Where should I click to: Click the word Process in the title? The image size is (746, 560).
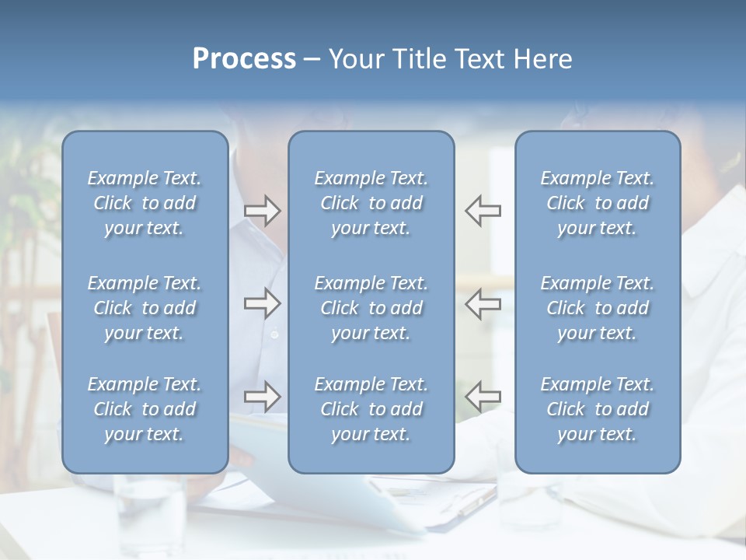[x=244, y=59]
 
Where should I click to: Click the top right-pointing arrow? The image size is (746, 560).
[x=262, y=211]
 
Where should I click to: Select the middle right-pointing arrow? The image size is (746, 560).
[x=262, y=303]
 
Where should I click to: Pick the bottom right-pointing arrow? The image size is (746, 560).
[x=262, y=397]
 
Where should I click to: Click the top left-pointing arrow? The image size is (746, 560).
[x=483, y=211]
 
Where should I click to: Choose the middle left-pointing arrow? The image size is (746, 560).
[x=483, y=303]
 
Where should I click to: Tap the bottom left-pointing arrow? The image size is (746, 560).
[x=483, y=397]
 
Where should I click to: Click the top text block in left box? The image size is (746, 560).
[x=145, y=203]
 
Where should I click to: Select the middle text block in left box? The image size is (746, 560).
[x=145, y=308]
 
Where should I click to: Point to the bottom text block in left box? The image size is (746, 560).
[x=145, y=409]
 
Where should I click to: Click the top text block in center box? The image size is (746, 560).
[x=371, y=203]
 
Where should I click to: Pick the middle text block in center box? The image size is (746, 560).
[x=371, y=308]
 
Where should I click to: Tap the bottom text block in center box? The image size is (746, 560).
[x=371, y=409]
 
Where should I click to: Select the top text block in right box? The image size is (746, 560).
[x=597, y=203]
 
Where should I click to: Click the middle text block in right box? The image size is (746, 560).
[x=597, y=308]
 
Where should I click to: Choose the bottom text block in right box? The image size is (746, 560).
[x=597, y=409]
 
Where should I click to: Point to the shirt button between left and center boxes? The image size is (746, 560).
[x=274, y=334]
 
